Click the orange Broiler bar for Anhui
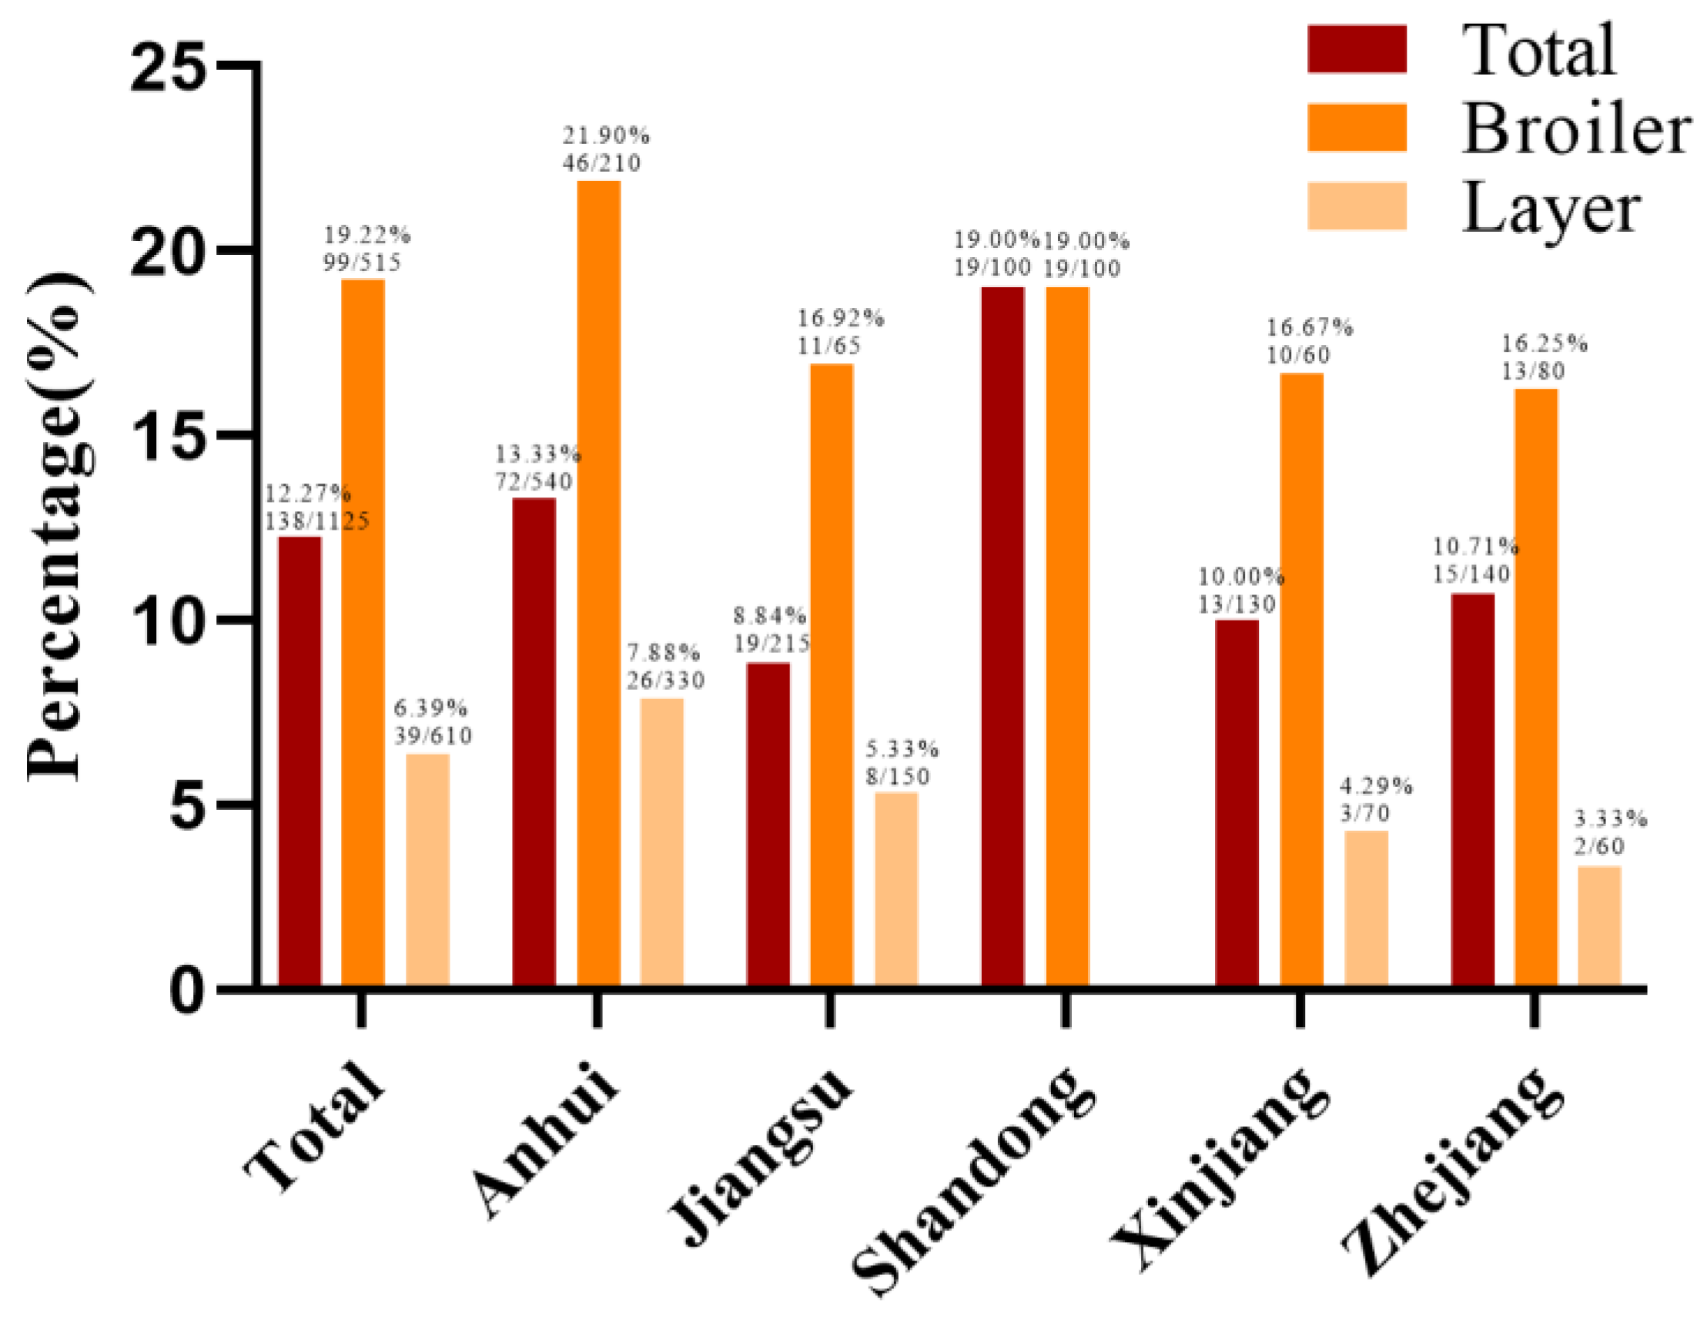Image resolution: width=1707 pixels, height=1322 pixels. [x=599, y=582]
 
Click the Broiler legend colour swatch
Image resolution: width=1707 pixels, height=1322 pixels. [x=1356, y=128]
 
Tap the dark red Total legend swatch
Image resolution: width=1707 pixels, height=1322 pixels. [x=1356, y=49]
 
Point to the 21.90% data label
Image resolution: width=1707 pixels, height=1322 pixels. [x=606, y=136]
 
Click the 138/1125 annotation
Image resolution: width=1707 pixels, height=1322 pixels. [x=316, y=520]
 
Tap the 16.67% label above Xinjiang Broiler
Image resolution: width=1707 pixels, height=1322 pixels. [x=1309, y=327]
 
